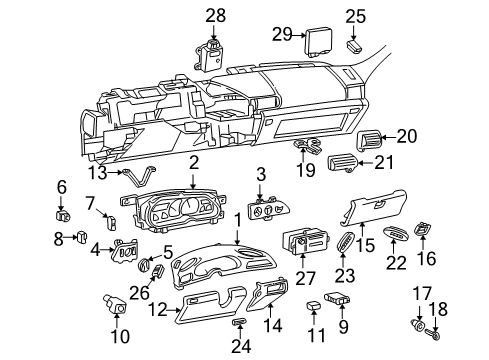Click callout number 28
coord(217,14)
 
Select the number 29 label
coord(282,34)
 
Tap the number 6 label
coord(61,186)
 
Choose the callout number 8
coord(58,237)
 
